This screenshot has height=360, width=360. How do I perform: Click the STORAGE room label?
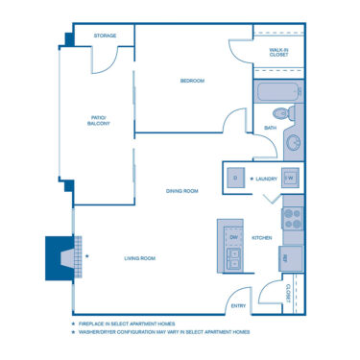(106, 36)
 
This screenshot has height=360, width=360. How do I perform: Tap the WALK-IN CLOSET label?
(278, 53)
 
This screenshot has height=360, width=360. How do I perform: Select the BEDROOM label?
(192, 81)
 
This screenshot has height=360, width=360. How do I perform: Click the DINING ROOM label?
(181, 191)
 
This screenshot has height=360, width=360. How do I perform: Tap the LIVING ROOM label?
(140, 258)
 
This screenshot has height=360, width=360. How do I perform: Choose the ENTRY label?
(238, 306)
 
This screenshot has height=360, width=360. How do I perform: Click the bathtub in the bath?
(276, 94)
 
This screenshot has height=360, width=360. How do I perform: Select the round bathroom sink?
(292, 143)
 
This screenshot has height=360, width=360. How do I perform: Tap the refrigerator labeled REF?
(290, 257)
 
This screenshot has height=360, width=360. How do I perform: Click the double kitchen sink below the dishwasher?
(232, 257)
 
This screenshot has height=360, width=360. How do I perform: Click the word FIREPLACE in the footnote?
(94, 324)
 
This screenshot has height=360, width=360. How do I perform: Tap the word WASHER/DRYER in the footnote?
(100, 331)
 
